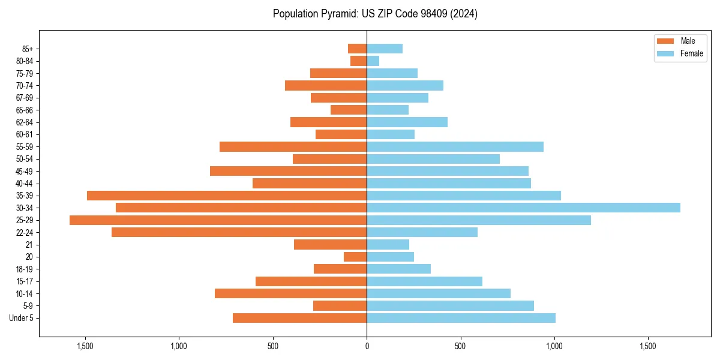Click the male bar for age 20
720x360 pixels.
(355, 257)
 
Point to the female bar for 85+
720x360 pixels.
(385, 49)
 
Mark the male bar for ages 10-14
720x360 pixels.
(290, 293)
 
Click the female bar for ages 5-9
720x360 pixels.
(450, 306)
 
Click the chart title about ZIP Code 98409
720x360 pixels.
(375, 14)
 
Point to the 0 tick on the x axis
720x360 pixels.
(367, 346)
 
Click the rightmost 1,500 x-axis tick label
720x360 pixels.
(648, 346)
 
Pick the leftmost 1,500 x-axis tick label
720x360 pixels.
(85, 346)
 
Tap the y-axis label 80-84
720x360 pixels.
(25, 61)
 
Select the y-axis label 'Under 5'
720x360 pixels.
(21, 318)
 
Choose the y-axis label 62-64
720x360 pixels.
(25, 122)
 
